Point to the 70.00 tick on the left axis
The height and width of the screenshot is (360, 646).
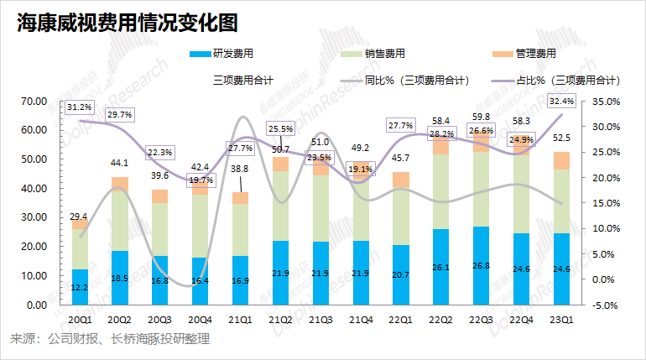pos(34,102)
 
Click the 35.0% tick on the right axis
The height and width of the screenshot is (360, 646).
pos(606,102)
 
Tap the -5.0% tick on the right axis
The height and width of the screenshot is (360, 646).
pos(605,305)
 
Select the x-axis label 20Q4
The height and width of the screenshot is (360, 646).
pos(200,320)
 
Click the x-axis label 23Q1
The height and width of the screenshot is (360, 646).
pos(562,320)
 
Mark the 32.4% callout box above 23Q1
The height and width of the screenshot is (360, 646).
pos(561,102)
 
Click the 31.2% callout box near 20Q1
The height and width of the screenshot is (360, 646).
pos(80,107)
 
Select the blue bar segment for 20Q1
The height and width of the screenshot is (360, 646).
pos(80,287)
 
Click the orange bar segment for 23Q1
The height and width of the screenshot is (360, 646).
pos(562,160)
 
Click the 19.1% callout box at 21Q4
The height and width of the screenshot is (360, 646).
pos(360,169)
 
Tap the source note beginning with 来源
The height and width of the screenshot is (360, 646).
pos(109,339)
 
